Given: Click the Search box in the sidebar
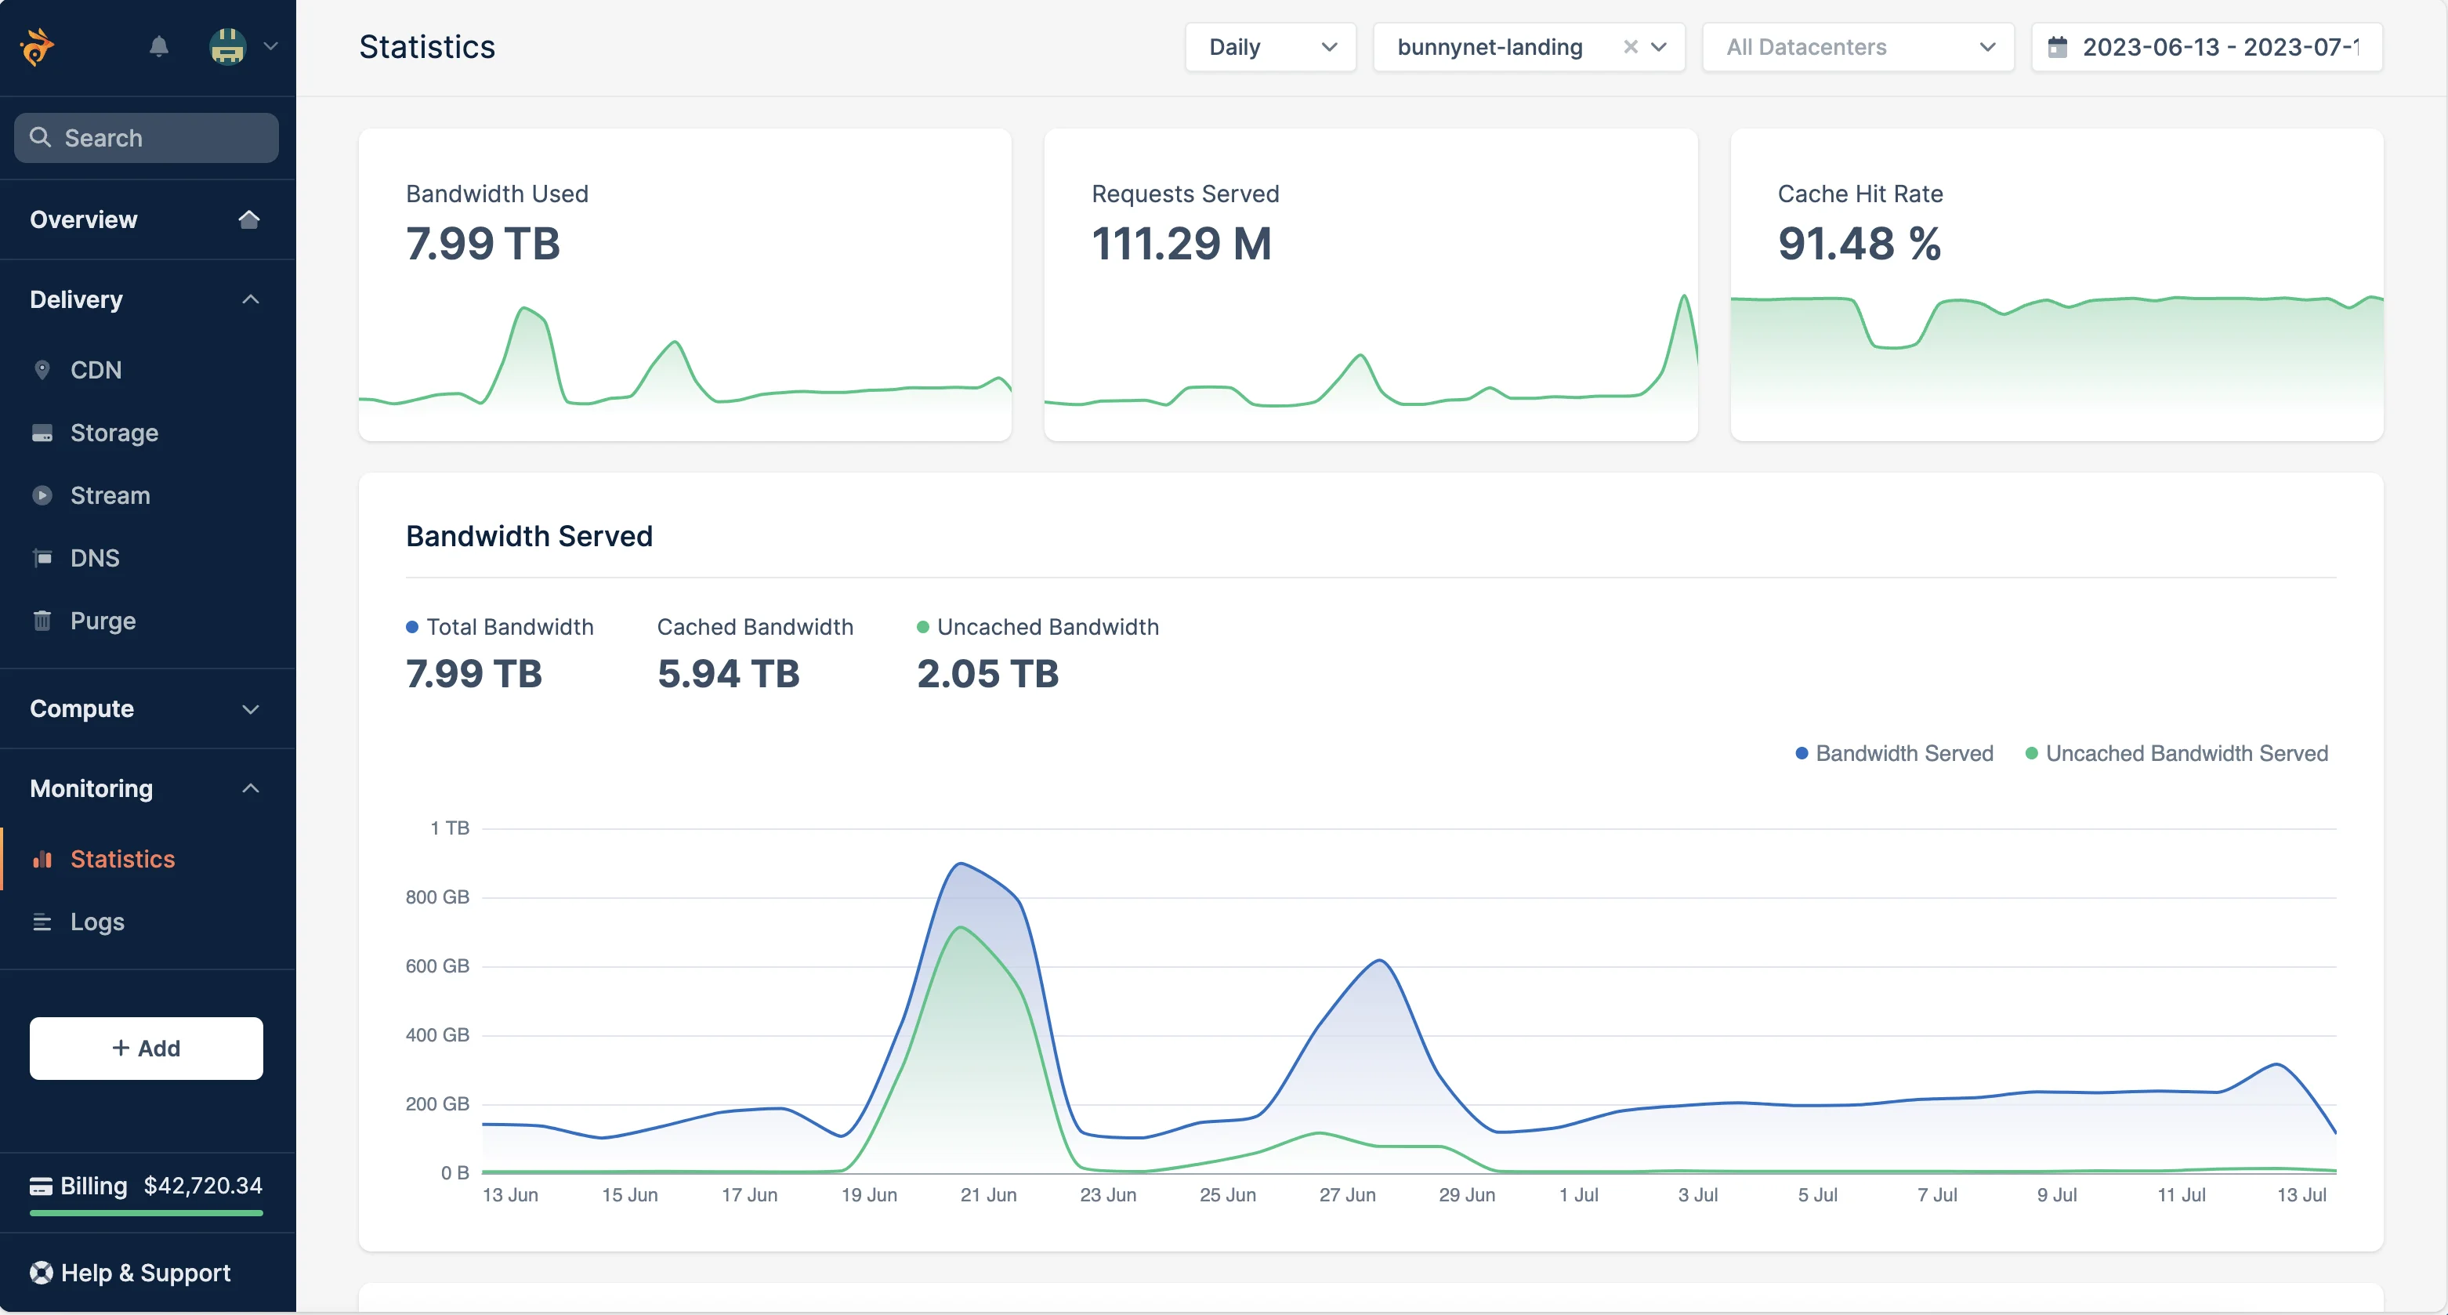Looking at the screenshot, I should [x=147, y=138].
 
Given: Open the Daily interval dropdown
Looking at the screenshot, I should [x=1269, y=46].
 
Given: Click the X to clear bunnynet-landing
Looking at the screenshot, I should [x=1630, y=46].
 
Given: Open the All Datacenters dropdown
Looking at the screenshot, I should [x=1857, y=46].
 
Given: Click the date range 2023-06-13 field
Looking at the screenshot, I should [x=2206, y=46].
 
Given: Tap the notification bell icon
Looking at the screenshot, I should [x=159, y=45].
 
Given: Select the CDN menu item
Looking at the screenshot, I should [x=95, y=370].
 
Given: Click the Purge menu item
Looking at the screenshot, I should [x=102, y=621].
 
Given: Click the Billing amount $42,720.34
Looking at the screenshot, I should [x=202, y=1185].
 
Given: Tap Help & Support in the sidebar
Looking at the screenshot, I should [x=144, y=1272].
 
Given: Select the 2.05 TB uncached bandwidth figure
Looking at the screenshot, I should [x=987, y=674].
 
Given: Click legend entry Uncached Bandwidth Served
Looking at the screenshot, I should [x=2185, y=753].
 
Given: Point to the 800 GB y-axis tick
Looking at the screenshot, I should [x=437, y=897].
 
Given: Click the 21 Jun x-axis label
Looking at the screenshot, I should [x=988, y=1194].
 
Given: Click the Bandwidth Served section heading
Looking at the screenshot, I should [x=528, y=536].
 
